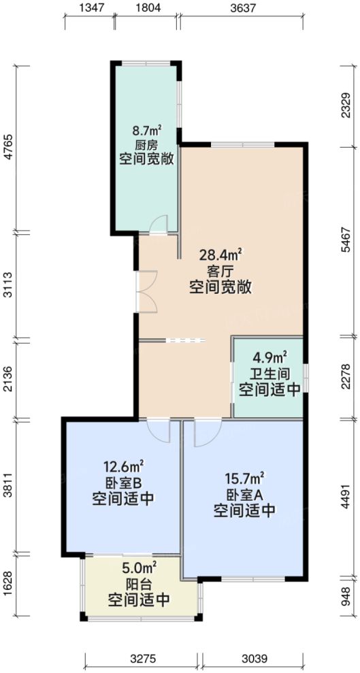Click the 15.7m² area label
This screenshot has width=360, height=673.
(x=244, y=478)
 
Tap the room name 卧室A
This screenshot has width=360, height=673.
(x=244, y=493)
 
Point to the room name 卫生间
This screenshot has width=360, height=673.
(x=269, y=374)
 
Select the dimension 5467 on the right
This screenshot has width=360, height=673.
(x=347, y=241)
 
